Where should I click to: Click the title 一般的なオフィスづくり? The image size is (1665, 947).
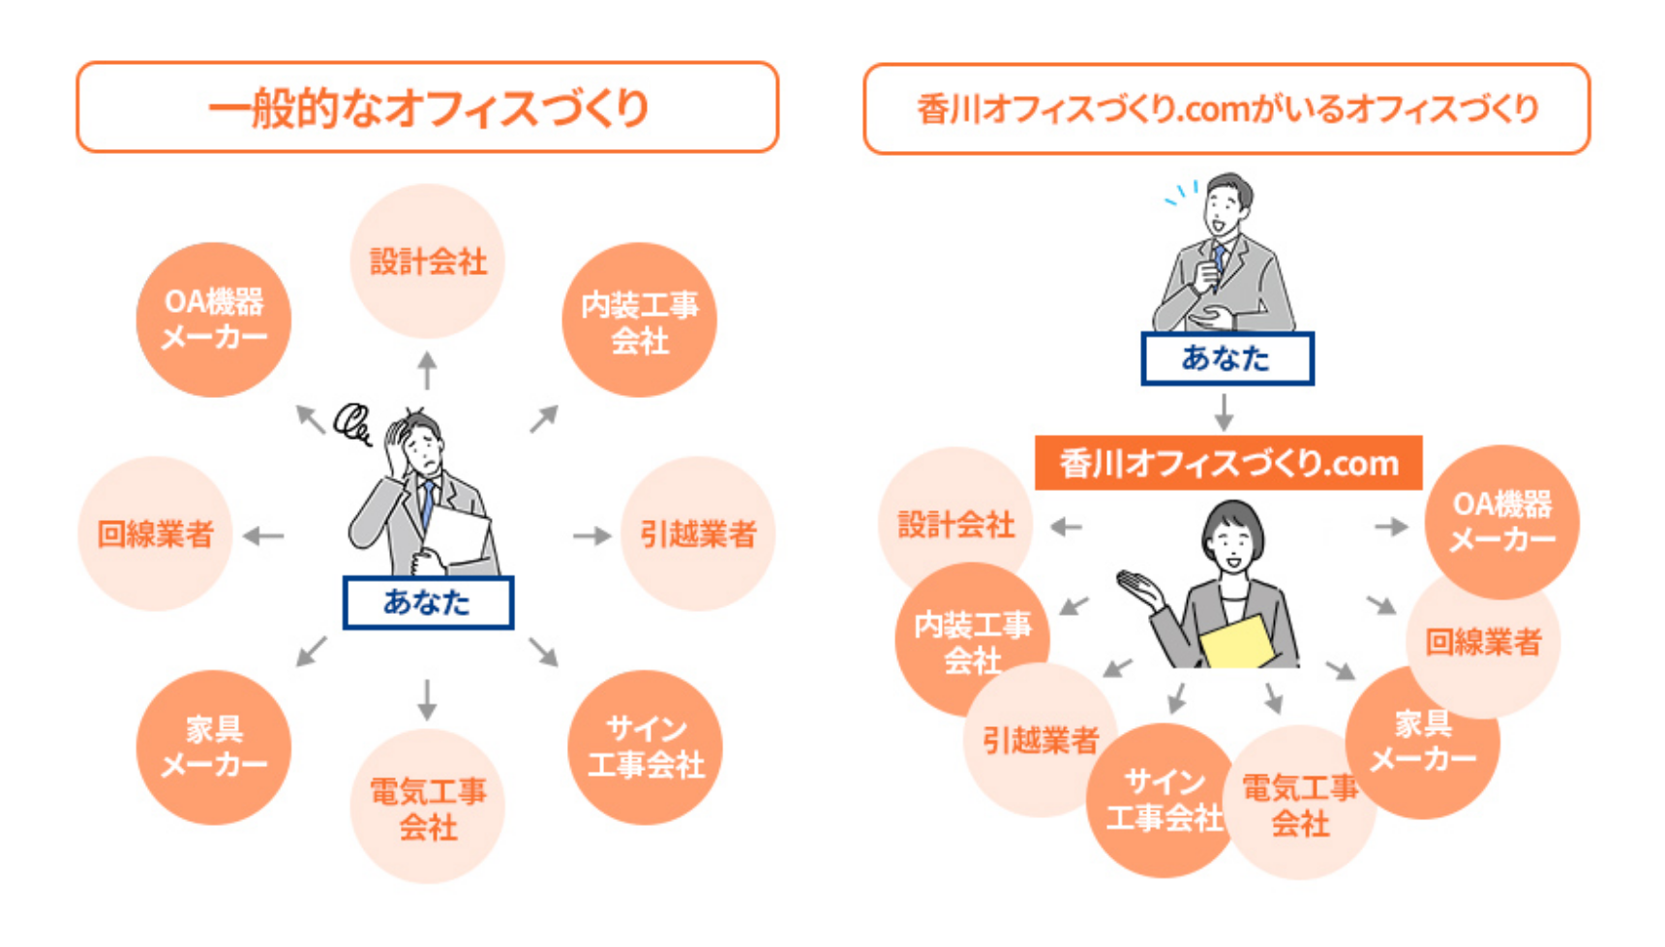click(x=427, y=107)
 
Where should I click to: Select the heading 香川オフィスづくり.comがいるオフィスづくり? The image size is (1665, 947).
click(x=1226, y=108)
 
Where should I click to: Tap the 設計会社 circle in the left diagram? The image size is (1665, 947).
click(x=427, y=261)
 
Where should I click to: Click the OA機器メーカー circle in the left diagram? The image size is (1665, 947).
click(x=213, y=320)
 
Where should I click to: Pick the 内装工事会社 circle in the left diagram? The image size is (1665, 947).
click(x=639, y=321)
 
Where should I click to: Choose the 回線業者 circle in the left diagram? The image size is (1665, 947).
click(x=155, y=534)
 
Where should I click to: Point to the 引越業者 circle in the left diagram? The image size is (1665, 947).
click(x=697, y=534)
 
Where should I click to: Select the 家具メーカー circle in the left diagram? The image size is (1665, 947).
click(x=213, y=747)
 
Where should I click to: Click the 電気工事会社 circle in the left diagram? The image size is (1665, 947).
click(x=427, y=807)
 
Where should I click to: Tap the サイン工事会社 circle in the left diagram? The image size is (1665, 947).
click(x=645, y=747)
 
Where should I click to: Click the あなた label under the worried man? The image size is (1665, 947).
click(x=428, y=602)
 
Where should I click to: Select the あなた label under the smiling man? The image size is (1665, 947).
click(x=1226, y=358)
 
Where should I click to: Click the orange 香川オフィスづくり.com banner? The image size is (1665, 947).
click(x=1227, y=463)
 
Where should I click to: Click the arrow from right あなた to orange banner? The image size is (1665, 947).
click(x=1225, y=412)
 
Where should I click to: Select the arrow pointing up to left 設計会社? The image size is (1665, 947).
click(x=427, y=371)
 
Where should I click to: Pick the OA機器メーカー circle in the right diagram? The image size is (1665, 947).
click(x=1501, y=521)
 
